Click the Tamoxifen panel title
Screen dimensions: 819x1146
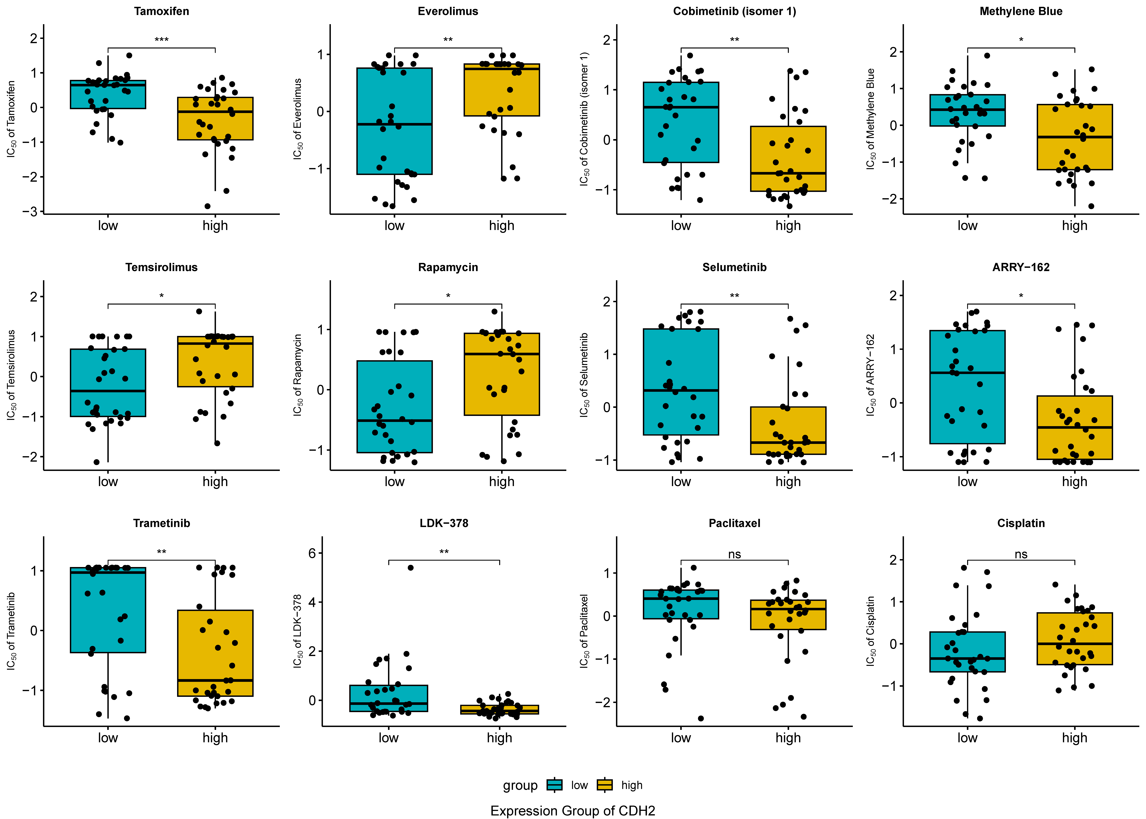[161, 11]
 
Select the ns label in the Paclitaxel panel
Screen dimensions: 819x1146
[734, 554]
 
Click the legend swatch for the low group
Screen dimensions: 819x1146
[554, 785]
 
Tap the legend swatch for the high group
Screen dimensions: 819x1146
[604, 785]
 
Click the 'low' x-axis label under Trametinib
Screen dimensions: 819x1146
[108, 738]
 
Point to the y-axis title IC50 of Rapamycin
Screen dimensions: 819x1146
[298, 375]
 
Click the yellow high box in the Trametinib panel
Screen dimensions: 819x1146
[215, 653]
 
